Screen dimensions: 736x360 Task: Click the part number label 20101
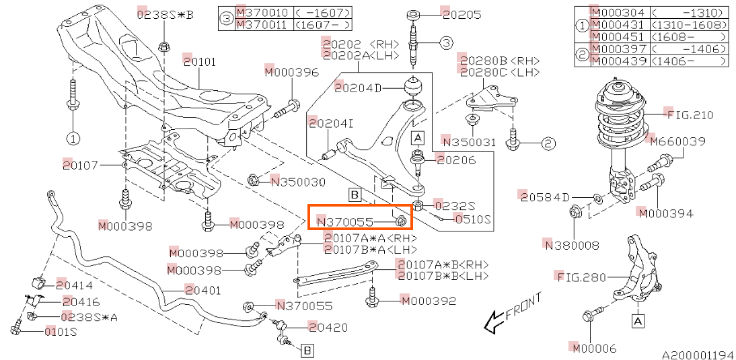200,61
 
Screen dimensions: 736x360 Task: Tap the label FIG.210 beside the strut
688,114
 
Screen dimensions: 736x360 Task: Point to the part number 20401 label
203,291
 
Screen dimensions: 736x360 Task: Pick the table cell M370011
264,24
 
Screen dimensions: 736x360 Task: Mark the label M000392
428,301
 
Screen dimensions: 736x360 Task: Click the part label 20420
328,327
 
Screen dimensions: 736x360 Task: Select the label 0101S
61,332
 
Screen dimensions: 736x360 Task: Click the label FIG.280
579,277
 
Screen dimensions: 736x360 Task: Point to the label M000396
291,72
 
